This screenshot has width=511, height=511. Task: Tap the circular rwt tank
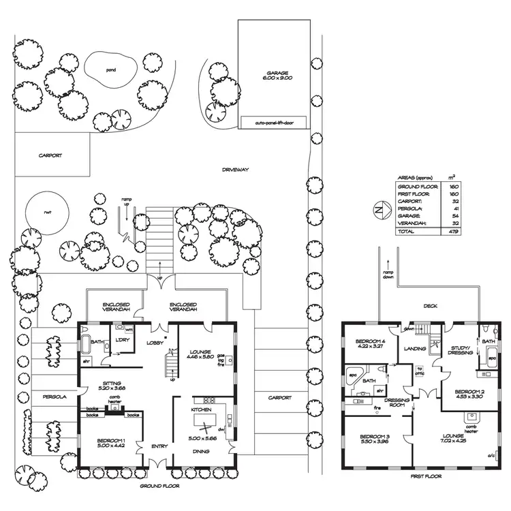tap(48, 211)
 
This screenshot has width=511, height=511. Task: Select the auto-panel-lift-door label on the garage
tap(273, 124)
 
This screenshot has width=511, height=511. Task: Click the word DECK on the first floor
tap(430, 307)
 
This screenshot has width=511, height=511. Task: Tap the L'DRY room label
tap(123, 340)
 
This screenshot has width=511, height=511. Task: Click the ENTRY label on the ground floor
tap(159, 446)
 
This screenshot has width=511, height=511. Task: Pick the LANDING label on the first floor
tap(415, 349)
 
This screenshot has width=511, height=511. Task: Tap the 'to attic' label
tap(420, 371)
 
